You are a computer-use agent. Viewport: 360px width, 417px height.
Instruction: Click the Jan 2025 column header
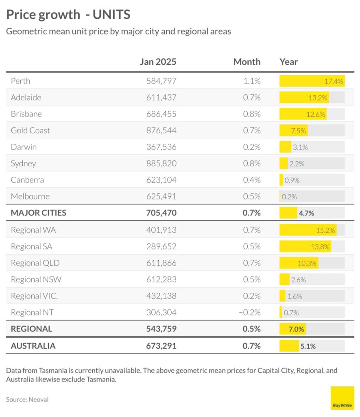point(158,62)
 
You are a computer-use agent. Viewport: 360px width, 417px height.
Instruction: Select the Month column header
point(247,62)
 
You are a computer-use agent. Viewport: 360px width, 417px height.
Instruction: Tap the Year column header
point(288,62)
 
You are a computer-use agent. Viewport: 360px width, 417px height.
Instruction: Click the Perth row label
point(20,81)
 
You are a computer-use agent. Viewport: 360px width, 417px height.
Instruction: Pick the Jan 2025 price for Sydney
point(161,163)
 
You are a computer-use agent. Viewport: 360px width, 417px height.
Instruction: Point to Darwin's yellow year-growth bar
point(285,147)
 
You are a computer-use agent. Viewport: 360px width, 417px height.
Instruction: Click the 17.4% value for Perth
point(334,81)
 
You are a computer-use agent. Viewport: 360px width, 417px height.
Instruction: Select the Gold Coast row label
point(31,130)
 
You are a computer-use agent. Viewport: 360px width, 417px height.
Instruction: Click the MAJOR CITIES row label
point(38,213)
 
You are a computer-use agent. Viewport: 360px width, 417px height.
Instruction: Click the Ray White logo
point(342,398)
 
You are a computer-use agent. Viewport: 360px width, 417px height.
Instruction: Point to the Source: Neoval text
point(27,399)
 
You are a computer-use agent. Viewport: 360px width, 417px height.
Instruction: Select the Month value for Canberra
point(252,180)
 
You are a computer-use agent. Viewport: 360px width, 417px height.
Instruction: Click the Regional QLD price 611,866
point(161,263)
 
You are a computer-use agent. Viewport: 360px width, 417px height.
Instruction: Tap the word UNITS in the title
point(111,15)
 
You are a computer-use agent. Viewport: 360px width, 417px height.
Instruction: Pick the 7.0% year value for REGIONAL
point(296,329)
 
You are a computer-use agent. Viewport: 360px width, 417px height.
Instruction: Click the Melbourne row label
point(30,196)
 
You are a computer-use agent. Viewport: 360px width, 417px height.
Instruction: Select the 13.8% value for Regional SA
point(321,246)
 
